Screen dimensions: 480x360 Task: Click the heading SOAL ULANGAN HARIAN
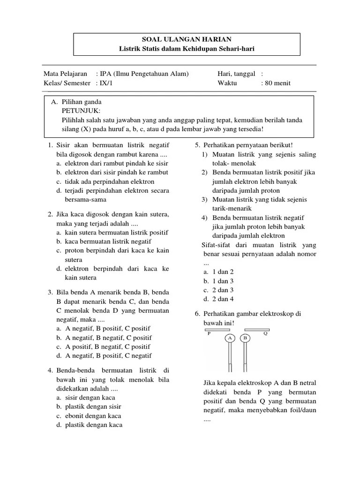pos(187,39)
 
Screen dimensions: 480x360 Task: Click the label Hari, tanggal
pos(236,74)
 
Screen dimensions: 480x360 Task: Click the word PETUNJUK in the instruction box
pos(81,111)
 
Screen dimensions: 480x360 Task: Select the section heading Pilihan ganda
pos(81,102)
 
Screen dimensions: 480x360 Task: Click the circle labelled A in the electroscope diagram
pos(230,338)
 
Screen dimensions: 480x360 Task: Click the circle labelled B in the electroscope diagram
pos(245,338)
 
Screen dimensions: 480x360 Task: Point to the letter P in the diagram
pos(209,334)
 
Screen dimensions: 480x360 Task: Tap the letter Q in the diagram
pos(265,334)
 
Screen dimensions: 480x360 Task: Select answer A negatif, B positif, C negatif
pos(108,356)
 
